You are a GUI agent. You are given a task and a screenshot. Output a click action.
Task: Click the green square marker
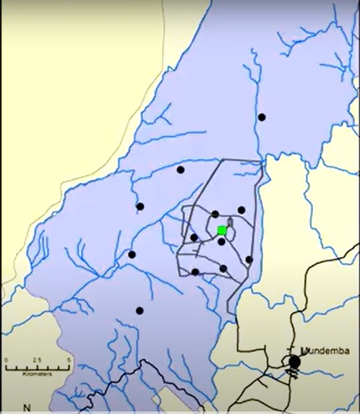(x=222, y=230)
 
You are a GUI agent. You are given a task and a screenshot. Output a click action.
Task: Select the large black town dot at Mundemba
(x=294, y=361)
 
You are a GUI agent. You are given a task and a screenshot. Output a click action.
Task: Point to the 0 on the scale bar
(x=5, y=359)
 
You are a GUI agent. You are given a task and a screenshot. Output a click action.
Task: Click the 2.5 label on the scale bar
(x=37, y=359)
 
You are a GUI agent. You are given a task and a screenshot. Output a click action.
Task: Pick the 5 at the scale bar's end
(x=69, y=359)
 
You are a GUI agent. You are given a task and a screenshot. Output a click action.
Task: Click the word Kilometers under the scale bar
(x=36, y=375)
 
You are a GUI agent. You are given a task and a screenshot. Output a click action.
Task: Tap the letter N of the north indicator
(x=27, y=407)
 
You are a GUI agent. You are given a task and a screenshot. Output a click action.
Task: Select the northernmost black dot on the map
(x=262, y=117)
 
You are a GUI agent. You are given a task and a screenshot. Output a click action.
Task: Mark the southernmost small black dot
(x=140, y=311)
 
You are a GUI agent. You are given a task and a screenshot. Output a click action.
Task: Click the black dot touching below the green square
(x=221, y=242)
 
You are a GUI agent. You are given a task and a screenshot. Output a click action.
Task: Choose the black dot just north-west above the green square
(x=215, y=214)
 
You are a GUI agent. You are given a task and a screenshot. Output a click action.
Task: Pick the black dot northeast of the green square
(x=241, y=210)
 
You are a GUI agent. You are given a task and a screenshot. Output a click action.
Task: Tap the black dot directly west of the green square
(x=194, y=237)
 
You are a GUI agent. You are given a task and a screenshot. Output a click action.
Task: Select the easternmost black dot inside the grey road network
(x=249, y=259)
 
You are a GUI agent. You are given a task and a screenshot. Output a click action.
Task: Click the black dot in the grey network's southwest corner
(x=195, y=272)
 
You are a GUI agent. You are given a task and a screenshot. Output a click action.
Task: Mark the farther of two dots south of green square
(x=223, y=269)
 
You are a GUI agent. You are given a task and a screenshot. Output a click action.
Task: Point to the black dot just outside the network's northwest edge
(x=181, y=170)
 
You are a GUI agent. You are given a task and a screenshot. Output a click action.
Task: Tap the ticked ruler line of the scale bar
(x=36, y=368)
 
